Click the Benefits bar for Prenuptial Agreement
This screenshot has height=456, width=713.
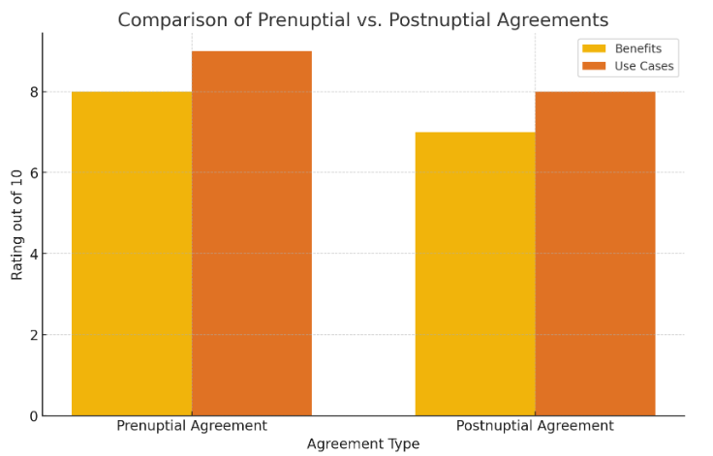132,254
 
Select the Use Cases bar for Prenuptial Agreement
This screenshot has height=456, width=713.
252,233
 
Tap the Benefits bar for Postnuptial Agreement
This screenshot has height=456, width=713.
475,274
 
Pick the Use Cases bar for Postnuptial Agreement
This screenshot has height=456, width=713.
595,254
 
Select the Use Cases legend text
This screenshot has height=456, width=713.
644,67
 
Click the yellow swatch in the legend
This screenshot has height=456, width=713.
593,48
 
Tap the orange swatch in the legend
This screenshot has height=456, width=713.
593,67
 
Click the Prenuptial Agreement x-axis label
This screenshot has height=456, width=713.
192,426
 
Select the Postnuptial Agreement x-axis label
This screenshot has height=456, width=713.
535,426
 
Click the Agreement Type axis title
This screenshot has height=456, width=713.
363,444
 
